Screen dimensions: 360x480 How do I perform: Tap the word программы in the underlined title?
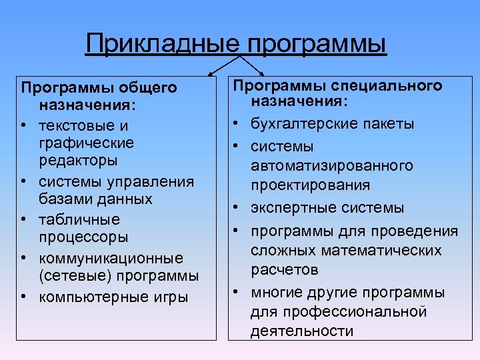[x=317, y=44]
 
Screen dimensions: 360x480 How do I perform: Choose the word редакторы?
[x=78, y=161]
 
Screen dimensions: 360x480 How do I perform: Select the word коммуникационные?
[x=111, y=257]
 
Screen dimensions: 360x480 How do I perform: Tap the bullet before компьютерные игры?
[x=24, y=297]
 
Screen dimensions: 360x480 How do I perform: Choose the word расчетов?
[x=285, y=269]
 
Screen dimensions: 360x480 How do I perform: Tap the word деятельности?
[x=302, y=331]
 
